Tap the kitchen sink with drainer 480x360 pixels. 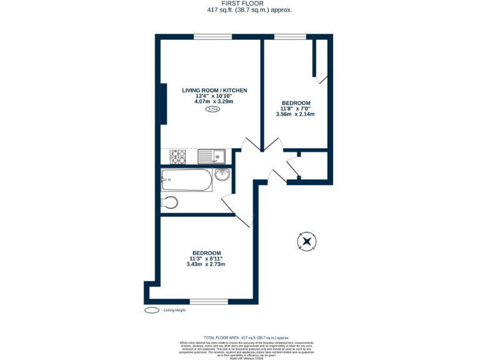[212, 156]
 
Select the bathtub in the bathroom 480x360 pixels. [186, 181]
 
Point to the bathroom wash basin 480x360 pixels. [222, 175]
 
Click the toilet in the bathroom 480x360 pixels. [169, 202]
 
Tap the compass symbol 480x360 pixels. [307, 241]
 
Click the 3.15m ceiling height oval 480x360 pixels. [213, 109]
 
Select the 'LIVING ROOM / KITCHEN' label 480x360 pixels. [214, 91]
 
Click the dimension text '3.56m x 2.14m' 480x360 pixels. [295, 114]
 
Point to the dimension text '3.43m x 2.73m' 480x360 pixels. [206, 264]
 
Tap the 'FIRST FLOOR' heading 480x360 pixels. [240, 4]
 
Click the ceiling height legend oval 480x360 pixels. [151, 310]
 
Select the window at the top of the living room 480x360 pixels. [209, 36]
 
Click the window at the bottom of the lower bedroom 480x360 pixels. [209, 301]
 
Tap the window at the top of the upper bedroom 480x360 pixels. [286, 36]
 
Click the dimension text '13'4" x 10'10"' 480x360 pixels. [214, 96]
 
